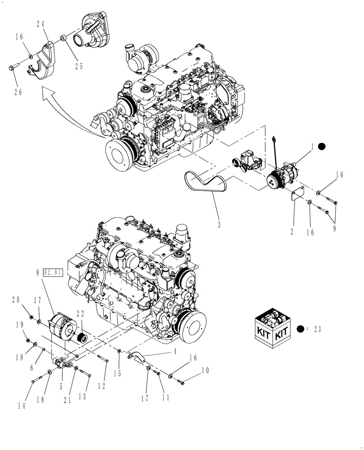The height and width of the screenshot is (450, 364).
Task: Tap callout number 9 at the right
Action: click(x=334, y=228)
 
